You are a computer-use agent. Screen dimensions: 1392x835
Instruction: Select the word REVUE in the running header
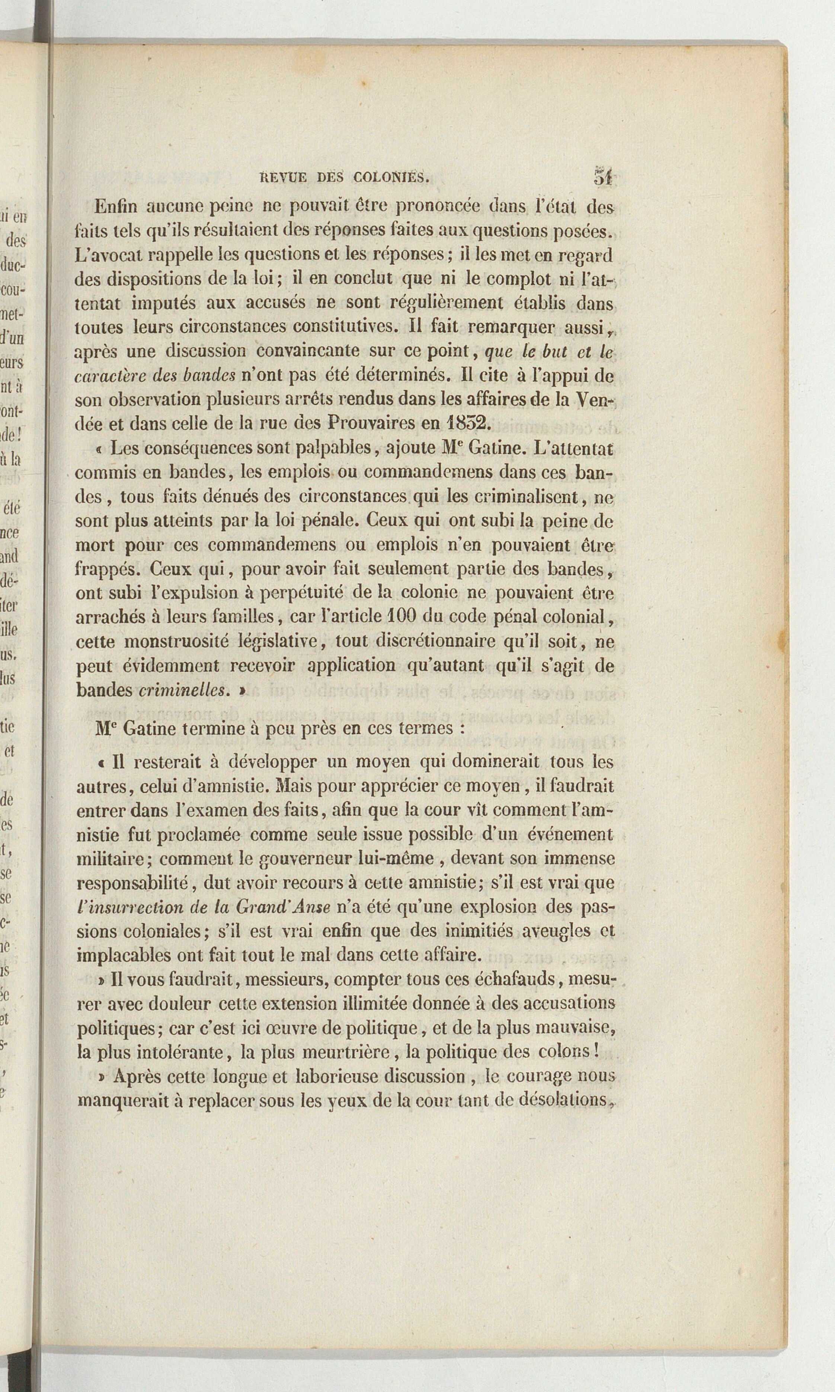283,178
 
